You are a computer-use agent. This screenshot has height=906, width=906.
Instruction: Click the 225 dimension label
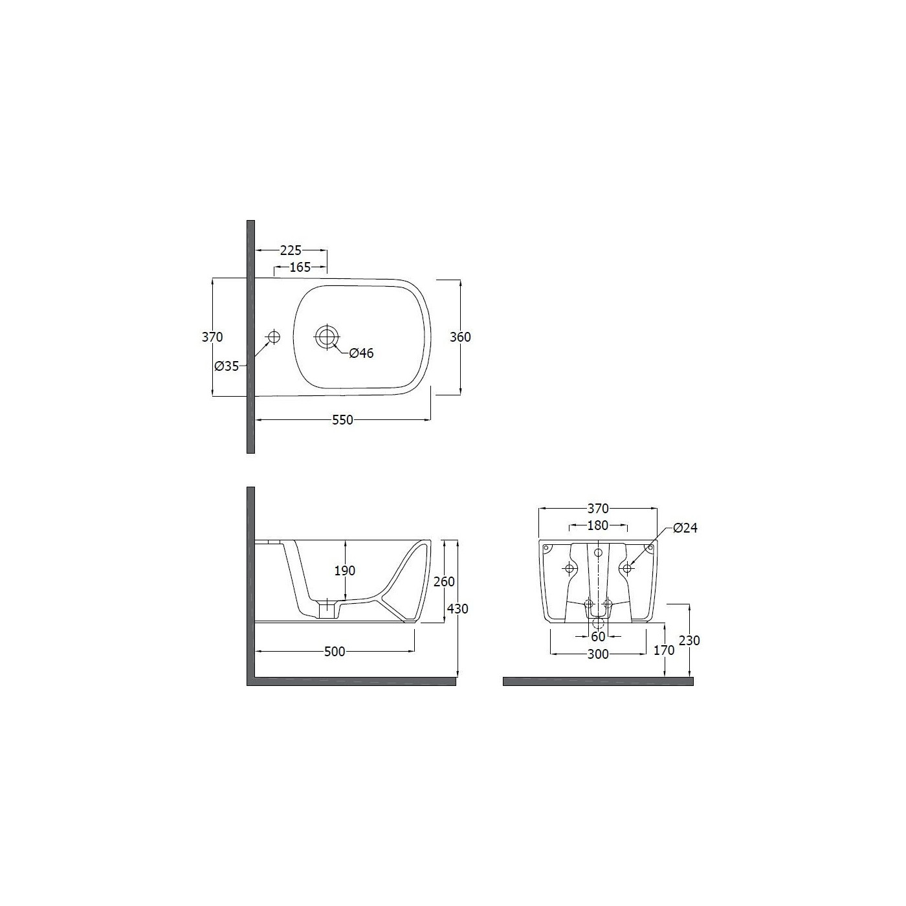[291, 250]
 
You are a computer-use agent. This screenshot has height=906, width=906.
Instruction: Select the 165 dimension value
[300, 267]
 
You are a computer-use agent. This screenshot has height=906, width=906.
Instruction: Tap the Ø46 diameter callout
[361, 353]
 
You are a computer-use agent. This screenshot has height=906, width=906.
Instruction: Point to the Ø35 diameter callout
[226, 366]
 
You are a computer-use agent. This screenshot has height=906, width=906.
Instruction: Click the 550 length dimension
[342, 420]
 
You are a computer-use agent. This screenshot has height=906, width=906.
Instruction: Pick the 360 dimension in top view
[460, 337]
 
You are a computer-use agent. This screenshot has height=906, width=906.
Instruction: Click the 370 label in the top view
[212, 337]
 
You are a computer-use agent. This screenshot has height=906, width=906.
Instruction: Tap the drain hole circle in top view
[326, 336]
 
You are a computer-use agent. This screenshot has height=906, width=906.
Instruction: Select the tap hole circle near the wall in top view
[274, 337]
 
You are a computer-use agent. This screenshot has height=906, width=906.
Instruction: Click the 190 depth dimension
[345, 571]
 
